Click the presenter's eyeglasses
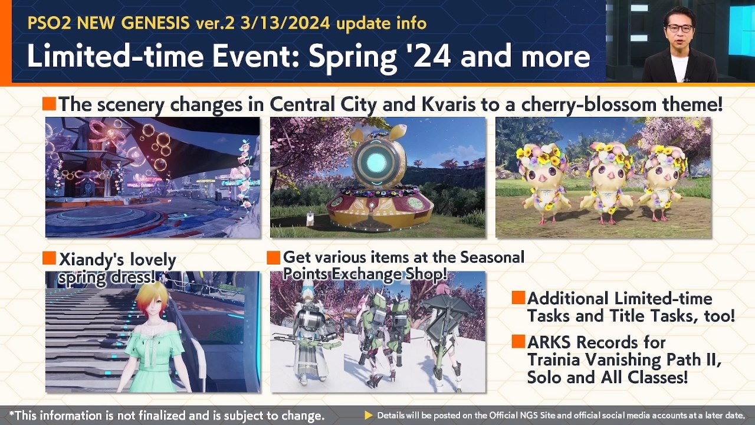(x=679, y=28)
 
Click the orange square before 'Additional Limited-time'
(x=518, y=298)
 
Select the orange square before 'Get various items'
(x=273, y=257)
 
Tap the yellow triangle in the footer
(x=369, y=416)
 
